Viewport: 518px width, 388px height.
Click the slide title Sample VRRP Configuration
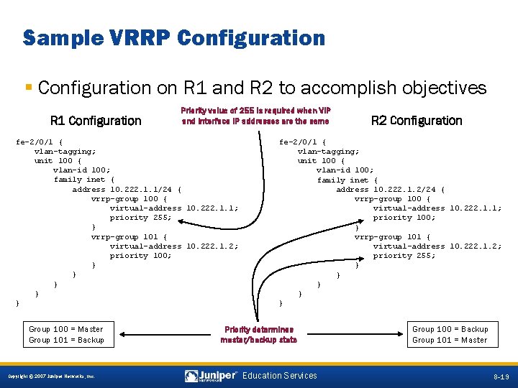tap(174, 37)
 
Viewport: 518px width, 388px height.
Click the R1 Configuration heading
tap(96, 121)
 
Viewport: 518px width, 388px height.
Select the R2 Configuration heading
tap(417, 121)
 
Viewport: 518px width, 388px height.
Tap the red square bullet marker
tap(28, 88)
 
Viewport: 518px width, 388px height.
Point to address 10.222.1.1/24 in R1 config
tap(127, 189)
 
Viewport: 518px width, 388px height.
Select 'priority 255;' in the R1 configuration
tap(140, 217)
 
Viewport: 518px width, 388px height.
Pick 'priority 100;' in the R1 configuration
tap(140, 255)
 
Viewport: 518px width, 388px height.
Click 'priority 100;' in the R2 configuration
tap(404, 217)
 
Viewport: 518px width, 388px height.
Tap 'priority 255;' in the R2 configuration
tap(404, 255)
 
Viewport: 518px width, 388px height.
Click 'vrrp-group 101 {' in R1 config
tap(129, 236)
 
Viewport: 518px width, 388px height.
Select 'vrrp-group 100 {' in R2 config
tap(393, 198)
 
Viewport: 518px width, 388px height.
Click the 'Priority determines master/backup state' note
tap(259, 334)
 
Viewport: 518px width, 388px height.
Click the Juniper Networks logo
tap(212, 376)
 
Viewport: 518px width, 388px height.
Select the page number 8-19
tap(501, 377)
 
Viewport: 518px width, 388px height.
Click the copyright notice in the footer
tap(51, 377)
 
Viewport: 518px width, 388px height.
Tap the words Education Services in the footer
tap(280, 376)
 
